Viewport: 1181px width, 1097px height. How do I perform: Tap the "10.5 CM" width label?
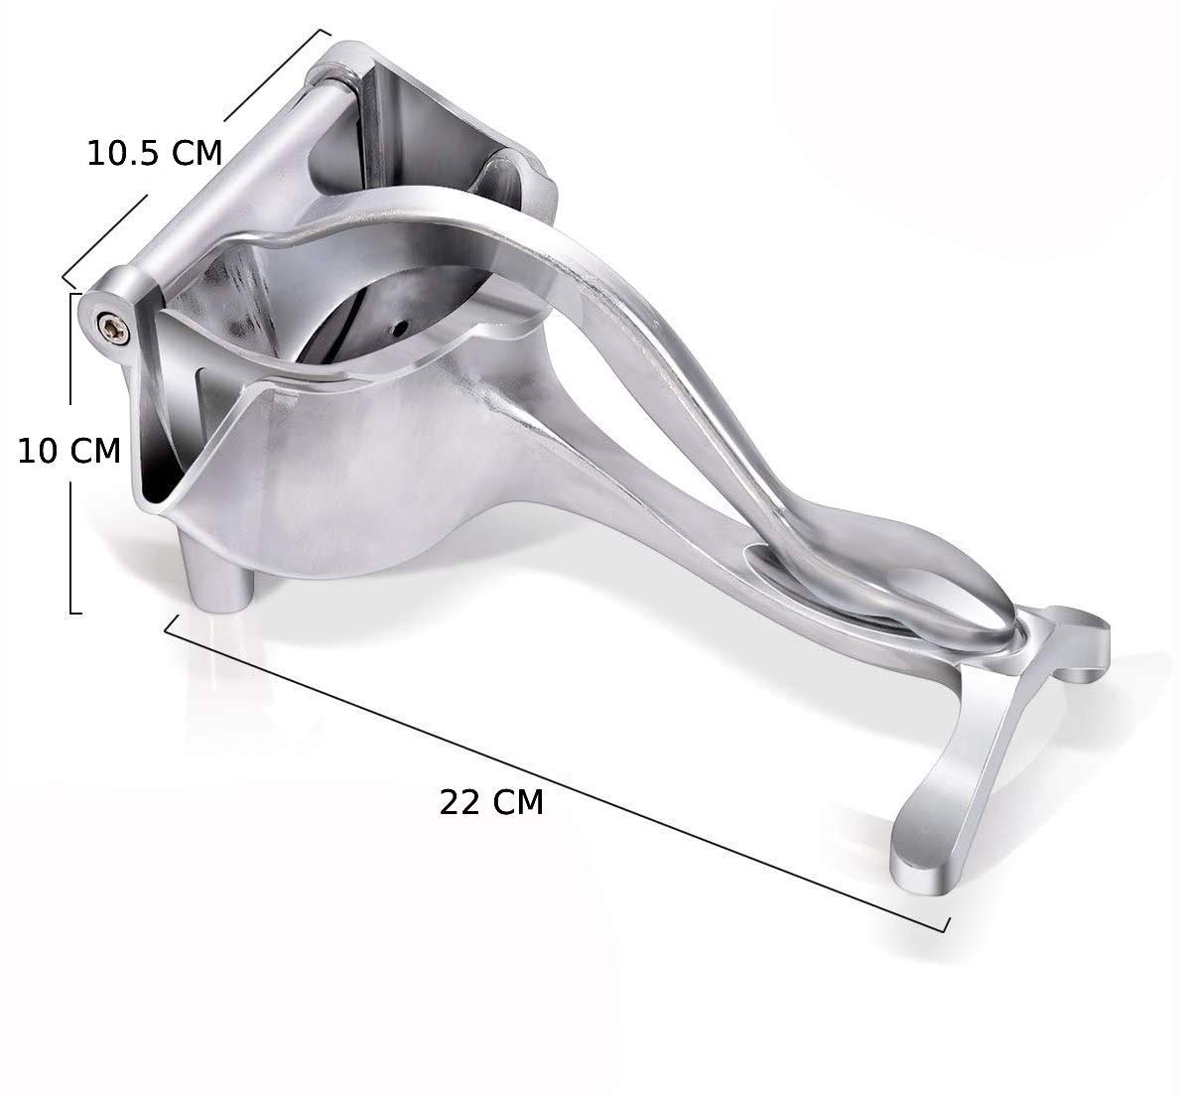(154, 154)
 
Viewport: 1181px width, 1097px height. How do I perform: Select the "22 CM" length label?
(491, 802)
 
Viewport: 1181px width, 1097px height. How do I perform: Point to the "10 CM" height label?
(69, 451)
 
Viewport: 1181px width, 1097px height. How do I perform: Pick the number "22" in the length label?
(459, 802)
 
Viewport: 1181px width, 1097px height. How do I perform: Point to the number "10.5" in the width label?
(125, 154)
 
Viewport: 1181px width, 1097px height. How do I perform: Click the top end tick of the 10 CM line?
(73, 293)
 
